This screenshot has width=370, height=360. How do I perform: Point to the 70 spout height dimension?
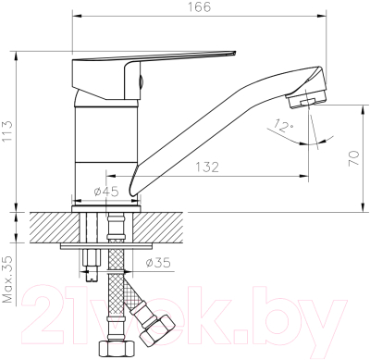coord(351,159)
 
